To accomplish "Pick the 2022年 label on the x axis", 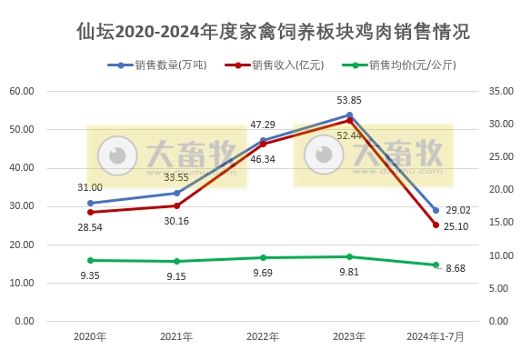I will click(263, 336).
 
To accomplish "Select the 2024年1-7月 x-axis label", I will click(435, 336).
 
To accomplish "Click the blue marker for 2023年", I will click(349, 115).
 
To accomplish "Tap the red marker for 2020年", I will click(91, 212).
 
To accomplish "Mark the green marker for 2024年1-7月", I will click(436, 265).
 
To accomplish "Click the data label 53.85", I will click(349, 100).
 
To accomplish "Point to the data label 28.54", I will click(91, 225).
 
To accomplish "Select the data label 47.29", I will click(263, 125).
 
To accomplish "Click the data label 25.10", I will click(458, 226).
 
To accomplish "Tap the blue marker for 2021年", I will click(176, 193).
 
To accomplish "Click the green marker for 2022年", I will click(263, 258).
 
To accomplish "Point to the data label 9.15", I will click(176, 275).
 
